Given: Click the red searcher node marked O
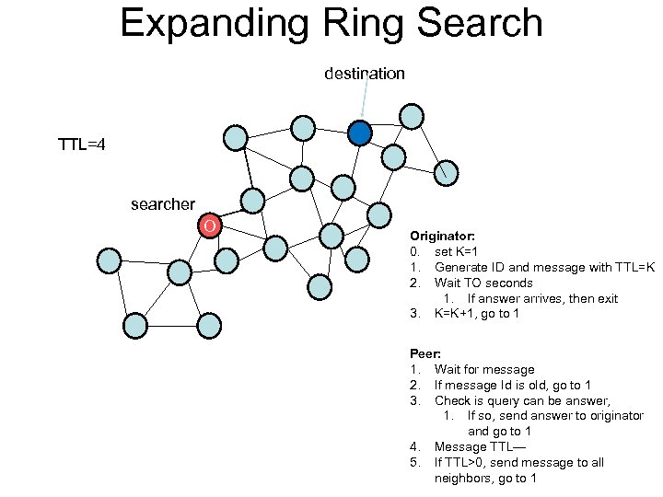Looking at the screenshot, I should (x=210, y=225).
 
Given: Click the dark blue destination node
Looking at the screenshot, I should (x=360, y=133).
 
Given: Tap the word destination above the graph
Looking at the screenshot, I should (x=364, y=74).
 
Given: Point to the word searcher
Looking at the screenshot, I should (x=163, y=204).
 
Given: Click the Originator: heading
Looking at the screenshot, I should (x=443, y=237).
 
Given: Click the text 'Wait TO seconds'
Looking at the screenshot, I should (x=483, y=283).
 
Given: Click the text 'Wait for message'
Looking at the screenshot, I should (x=484, y=369).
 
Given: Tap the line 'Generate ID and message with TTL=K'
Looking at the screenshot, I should (x=544, y=267).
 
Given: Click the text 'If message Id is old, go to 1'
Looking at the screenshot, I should (x=513, y=385).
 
